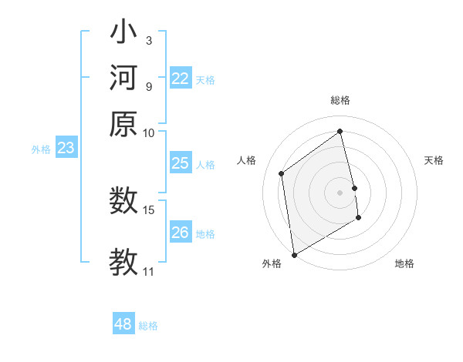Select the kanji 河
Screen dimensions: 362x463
coord(123,78)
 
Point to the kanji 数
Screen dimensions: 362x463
coord(123,201)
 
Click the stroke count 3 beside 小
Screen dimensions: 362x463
coord(148,40)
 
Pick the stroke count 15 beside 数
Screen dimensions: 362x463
coord(149,209)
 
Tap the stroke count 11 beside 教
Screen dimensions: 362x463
coord(149,271)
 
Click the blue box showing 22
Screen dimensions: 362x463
coord(180,79)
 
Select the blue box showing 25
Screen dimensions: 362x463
coord(180,163)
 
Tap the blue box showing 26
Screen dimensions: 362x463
coord(180,233)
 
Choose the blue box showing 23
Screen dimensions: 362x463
coord(66,148)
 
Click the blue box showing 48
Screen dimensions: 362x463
coord(123,324)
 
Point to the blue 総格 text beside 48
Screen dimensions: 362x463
coord(148,326)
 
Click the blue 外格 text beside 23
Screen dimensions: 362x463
coord(41,149)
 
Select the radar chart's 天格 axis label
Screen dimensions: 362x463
coord(434,160)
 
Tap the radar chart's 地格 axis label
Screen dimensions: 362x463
coord(404,263)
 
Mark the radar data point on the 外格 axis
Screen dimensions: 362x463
coord(294,255)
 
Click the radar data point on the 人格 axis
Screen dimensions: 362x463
coord(282,173)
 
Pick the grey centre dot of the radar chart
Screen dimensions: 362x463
coord(340,192)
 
